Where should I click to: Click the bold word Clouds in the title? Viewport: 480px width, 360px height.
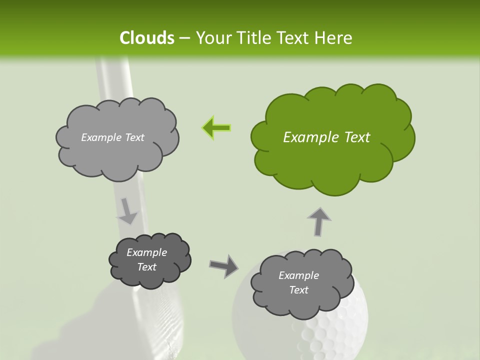(x=146, y=38)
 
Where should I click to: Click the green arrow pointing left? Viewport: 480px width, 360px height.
(x=216, y=128)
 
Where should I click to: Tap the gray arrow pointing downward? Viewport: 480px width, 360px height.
(x=127, y=211)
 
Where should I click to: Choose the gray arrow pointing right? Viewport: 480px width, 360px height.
(x=224, y=265)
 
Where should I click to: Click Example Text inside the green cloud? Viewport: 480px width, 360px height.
(x=326, y=137)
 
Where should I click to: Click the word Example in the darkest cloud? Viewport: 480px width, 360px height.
(x=146, y=252)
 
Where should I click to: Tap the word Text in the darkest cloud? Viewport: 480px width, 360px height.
(x=146, y=267)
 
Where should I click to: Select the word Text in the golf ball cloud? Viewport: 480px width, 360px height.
(x=298, y=290)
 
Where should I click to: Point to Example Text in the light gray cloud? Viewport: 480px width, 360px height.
(x=112, y=137)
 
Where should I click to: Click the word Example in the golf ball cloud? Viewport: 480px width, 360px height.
(x=298, y=275)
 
